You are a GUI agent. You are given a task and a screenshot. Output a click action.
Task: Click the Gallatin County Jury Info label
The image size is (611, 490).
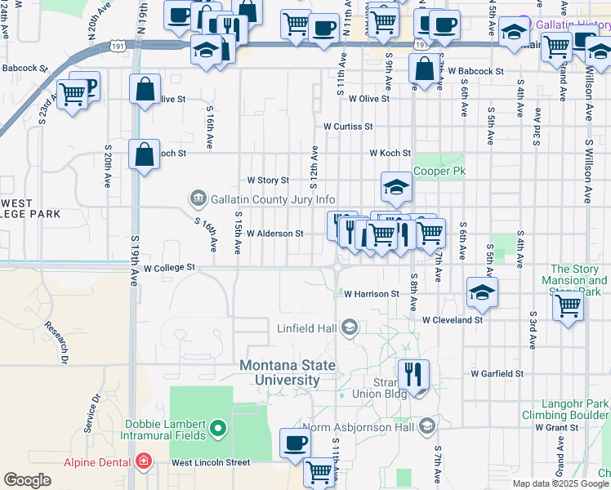pos(273,199)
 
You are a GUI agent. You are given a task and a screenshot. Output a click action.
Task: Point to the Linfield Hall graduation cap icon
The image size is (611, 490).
pos(350,327)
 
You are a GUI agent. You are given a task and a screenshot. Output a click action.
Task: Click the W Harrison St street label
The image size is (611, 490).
pos(371,294)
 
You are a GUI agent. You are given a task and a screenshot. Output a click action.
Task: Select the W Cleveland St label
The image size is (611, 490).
pos(453,320)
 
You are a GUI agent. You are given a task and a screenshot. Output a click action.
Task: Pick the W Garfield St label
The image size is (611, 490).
pos(497,374)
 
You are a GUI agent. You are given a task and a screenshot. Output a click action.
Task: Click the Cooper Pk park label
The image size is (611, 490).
pos(439,171)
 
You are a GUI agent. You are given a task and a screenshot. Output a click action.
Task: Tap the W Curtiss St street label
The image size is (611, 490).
pos(347,127)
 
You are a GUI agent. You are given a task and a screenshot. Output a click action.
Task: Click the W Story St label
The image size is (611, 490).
pos(268,180)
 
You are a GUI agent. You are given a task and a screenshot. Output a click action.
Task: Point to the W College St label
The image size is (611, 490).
pos(169,267)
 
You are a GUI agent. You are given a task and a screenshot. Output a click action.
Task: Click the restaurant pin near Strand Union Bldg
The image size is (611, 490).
pos(413,376)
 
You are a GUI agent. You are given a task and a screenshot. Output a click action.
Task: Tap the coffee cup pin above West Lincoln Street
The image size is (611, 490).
pos(295,443)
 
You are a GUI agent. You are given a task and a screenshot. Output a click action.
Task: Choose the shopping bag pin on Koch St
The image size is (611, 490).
pos(144,155)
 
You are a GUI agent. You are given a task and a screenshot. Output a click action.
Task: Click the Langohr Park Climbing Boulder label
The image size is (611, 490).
pos(566,409)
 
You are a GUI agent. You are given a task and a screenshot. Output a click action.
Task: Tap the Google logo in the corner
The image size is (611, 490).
pos(27,480)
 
